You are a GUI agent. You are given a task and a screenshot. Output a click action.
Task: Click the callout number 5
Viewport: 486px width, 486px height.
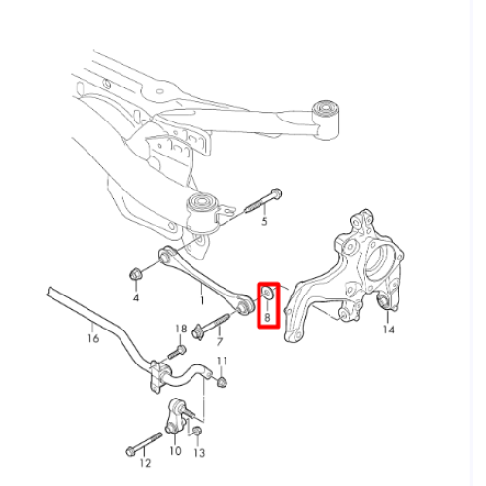264,222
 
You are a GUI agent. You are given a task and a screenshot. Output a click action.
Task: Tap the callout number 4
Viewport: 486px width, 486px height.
136,297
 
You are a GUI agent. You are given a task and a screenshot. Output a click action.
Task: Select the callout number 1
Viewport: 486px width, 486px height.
202,300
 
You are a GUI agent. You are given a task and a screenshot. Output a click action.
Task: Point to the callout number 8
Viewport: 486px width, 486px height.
267,317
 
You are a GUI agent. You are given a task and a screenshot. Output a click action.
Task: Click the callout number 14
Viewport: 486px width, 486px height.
389,330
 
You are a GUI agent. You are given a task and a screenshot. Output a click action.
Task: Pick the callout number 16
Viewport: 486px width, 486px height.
93,338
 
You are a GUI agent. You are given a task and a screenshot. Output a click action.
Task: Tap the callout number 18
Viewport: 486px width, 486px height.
181,329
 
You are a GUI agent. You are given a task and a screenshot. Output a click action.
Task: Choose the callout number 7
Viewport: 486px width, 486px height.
220,341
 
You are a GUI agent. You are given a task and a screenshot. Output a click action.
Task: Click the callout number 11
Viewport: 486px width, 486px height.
222,361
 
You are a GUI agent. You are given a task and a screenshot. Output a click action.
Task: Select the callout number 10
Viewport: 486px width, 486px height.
175,450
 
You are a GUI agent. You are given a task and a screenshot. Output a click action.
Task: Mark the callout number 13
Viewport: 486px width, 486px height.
199,453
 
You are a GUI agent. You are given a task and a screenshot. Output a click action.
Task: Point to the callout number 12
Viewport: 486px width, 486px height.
145,463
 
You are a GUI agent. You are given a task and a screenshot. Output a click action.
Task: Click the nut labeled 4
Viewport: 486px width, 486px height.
135,274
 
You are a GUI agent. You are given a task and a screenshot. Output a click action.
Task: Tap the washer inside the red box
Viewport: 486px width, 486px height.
268,293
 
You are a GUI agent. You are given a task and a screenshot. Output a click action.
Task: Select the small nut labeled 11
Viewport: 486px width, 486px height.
222,382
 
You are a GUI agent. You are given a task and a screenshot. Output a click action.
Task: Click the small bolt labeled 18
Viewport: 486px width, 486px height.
177,352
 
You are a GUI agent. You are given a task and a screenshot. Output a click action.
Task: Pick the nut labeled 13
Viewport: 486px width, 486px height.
197,432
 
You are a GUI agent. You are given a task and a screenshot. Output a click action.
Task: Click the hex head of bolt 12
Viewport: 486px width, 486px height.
130,451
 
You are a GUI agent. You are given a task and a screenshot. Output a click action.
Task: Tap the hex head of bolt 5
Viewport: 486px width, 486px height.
276,193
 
